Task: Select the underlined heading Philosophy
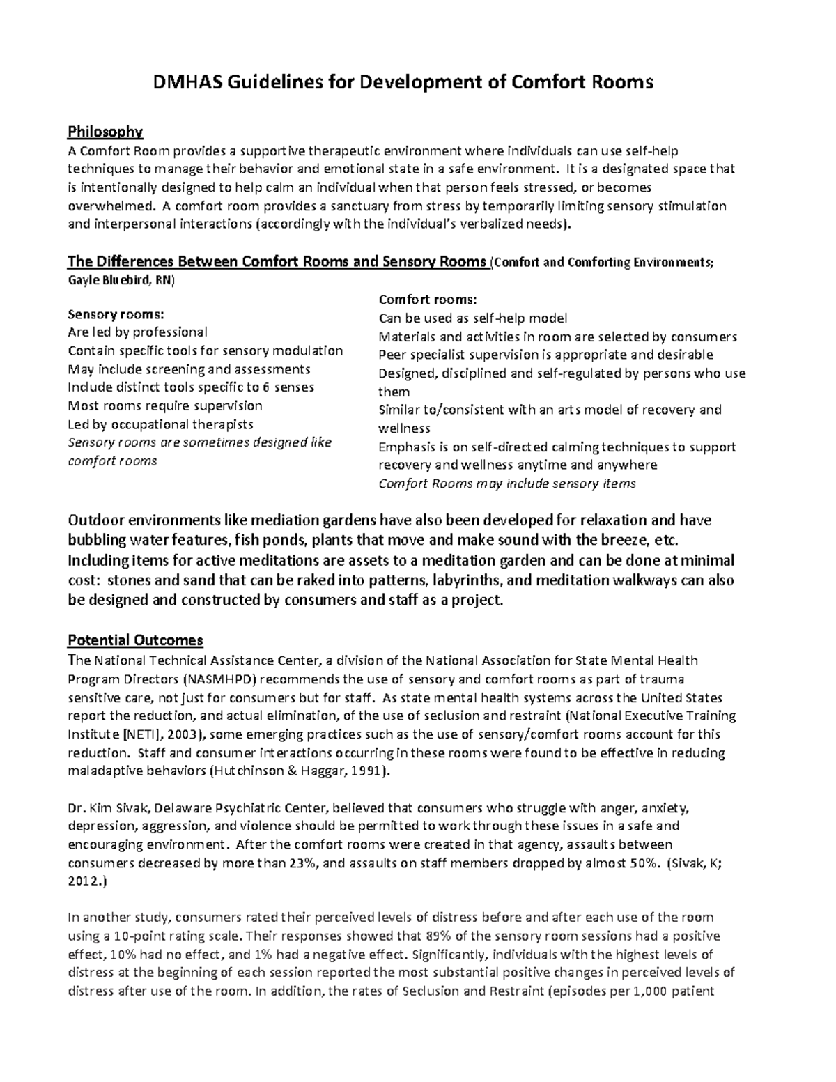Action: tap(104, 132)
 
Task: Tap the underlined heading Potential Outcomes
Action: tap(135, 640)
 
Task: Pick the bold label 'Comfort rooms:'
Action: tap(427, 300)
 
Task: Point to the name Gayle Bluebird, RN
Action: tap(122, 280)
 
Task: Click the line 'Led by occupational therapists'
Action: tap(160, 424)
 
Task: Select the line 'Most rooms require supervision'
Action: tap(164, 405)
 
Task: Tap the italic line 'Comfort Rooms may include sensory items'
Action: tap(506, 484)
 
